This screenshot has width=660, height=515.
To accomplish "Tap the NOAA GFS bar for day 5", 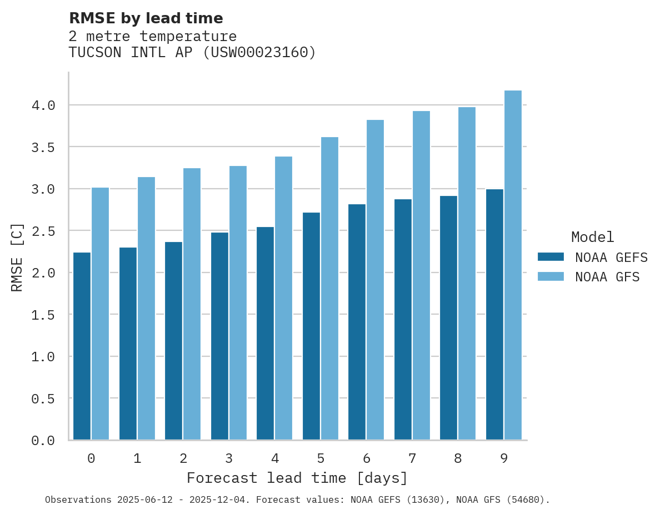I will click(329, 289).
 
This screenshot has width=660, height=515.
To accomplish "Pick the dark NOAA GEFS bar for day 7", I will click(403, 319).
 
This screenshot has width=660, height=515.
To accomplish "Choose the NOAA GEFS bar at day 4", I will click(265, 333).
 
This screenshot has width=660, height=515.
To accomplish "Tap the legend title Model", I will click(592, 238).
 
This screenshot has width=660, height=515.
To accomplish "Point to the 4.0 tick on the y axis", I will click(43, 105).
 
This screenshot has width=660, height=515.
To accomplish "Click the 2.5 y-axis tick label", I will click(43, 231).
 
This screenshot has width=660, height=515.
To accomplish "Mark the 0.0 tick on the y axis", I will click(43, 441).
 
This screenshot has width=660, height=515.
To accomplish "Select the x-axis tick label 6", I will click(366, 458).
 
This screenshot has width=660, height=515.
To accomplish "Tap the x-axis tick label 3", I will click(228, 458).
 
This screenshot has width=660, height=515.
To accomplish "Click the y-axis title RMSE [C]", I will click(17, 257).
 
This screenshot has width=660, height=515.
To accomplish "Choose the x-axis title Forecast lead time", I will click(297, 478).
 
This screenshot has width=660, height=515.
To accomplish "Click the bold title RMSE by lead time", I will click(146, 18).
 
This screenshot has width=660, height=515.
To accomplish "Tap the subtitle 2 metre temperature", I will click(152, 37).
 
